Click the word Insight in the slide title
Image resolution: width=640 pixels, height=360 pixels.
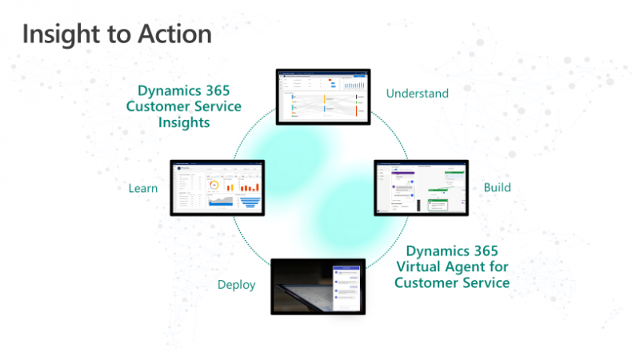point(60,34)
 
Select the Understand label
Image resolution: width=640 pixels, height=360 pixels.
point(417,94)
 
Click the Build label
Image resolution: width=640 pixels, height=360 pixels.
point(497,187)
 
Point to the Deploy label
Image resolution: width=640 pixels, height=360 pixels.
point(237,284)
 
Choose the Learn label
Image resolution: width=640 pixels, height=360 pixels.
point(142,188)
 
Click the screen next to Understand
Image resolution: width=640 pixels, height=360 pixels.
point(322,94)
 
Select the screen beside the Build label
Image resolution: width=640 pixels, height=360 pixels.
point(421,187)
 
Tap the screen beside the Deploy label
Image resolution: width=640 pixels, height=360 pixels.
point(318,286)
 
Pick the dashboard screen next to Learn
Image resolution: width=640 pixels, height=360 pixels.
point(216,187)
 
